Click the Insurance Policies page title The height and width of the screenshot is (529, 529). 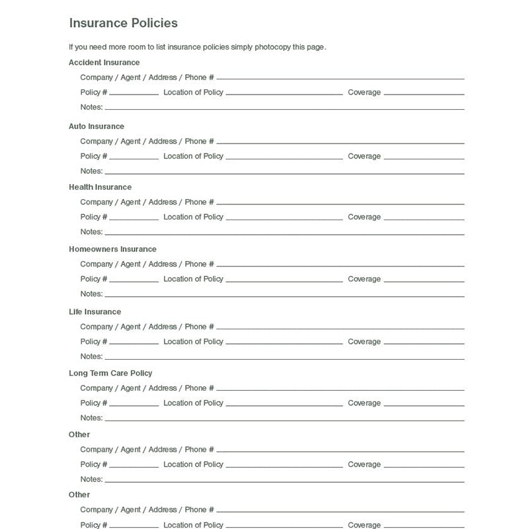pos(123,23)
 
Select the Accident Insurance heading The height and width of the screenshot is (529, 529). pos(104,63)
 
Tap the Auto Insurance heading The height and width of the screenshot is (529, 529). pos(97,126)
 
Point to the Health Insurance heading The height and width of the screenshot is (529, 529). pos(100,187)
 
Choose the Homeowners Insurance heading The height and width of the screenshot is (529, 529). pos(112,249)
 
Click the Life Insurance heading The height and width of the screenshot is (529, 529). pos(95,311)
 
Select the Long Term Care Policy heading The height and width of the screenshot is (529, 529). pos(110,373)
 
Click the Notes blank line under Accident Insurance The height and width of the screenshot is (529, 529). pos(284,108)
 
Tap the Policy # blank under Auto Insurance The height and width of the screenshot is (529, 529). pos(134,158)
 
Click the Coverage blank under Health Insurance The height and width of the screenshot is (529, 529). pos(424,219)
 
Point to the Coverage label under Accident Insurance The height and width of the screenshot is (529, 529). pos(364,93)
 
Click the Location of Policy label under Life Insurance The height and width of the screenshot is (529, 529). pos(193,342)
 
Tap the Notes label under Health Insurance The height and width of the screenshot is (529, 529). pos(91,232)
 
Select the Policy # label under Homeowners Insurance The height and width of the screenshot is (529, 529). pos(94,279)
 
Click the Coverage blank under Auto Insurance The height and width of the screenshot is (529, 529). pos(424,158)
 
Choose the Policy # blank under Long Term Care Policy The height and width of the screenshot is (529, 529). pos(134,405)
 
